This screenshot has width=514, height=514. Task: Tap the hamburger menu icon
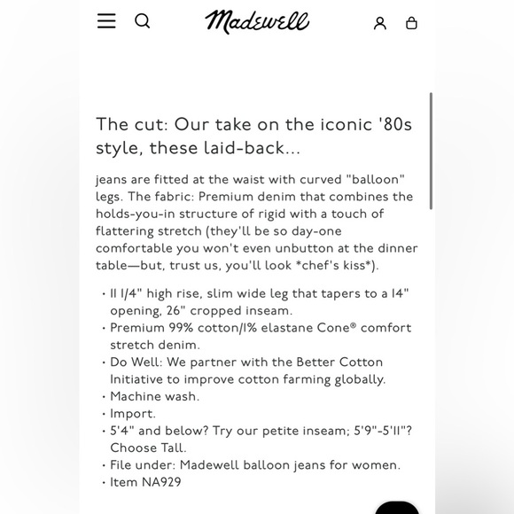click(106, 21)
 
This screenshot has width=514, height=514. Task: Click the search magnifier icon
click(142, 21)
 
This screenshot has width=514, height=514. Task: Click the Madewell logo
click(257, 22)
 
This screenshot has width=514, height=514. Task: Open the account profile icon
click(380, 23)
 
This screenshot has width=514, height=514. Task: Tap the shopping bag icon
click(411, 23)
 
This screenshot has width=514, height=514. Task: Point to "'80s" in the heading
click(394, 125)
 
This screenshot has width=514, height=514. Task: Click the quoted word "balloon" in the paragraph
click(377, 180)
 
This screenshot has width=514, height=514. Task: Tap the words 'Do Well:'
click(137, 362)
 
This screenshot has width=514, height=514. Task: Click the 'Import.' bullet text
click(133, 414)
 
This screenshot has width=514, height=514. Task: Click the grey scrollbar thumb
click(431, 151)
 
